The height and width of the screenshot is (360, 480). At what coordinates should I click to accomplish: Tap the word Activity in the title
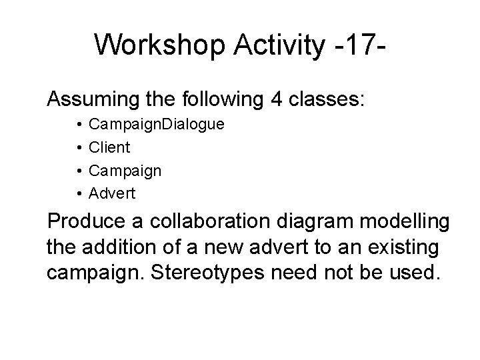point(267,45)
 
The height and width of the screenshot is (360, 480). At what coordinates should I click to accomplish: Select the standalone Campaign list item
point(125,171)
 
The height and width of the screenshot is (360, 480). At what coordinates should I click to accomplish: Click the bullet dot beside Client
point(78,147)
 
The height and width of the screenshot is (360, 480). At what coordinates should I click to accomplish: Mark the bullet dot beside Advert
point(78,193)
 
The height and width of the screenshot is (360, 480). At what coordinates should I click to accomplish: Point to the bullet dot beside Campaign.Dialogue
point(78,125)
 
